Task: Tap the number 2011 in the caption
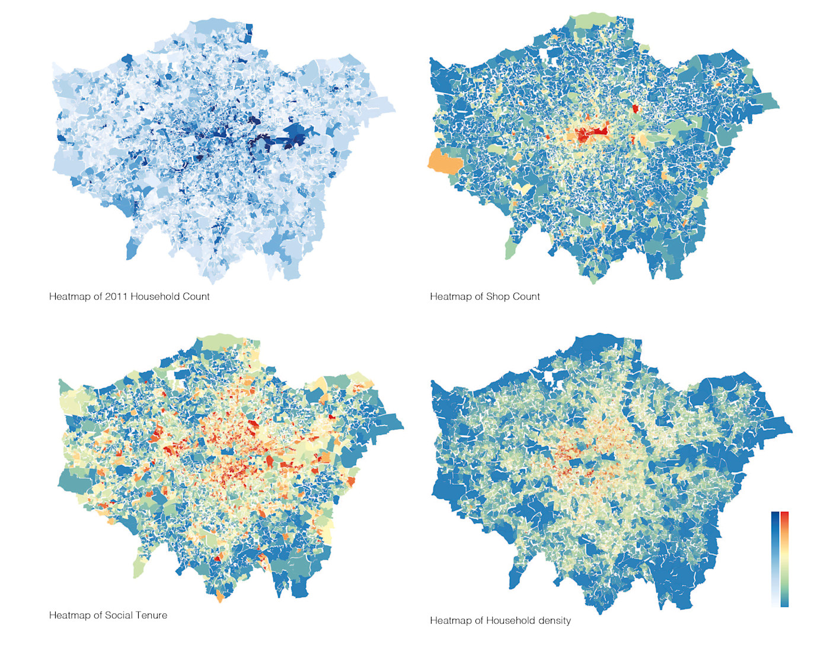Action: tap(116, 296)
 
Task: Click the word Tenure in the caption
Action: tap(151, 615)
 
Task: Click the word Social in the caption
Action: tap(119, 615)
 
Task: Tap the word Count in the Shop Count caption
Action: tap(526, 296)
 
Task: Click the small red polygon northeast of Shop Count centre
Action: tap(636, 109)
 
